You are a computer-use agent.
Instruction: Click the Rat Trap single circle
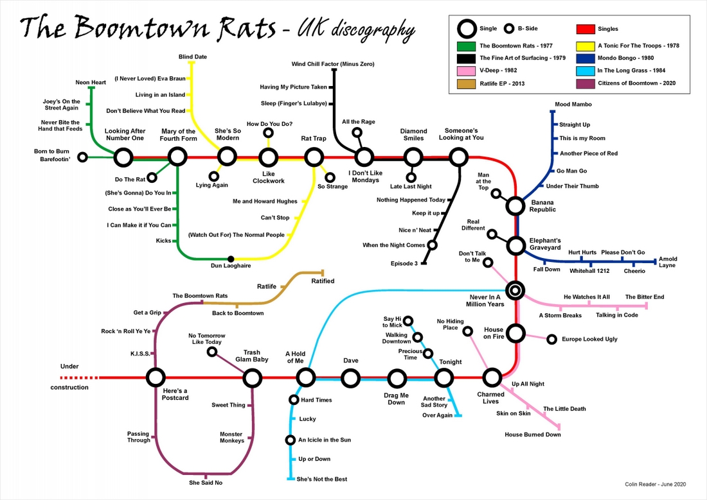pos(314,157)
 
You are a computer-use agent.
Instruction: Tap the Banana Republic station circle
pos(515,205)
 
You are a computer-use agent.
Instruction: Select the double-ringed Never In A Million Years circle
pos(515,291)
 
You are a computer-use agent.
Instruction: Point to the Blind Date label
pos(193,57)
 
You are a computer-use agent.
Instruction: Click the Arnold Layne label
pos(668,263)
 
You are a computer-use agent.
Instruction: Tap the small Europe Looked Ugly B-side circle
pos(551,339)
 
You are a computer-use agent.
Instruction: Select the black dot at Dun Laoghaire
pos(231,259)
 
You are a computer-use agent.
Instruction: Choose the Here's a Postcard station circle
pos(155,377)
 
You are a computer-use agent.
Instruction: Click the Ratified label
pos(323,281)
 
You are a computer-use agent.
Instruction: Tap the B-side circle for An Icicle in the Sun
pos(291,440)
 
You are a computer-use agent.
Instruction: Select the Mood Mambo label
pos(573,104)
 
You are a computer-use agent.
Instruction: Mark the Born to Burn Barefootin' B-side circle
pos(82,157)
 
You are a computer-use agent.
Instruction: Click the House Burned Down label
pos(532,435)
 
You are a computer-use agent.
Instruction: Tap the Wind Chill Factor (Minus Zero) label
pos(333,64)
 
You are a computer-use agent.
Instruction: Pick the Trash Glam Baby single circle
pos(252,377)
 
